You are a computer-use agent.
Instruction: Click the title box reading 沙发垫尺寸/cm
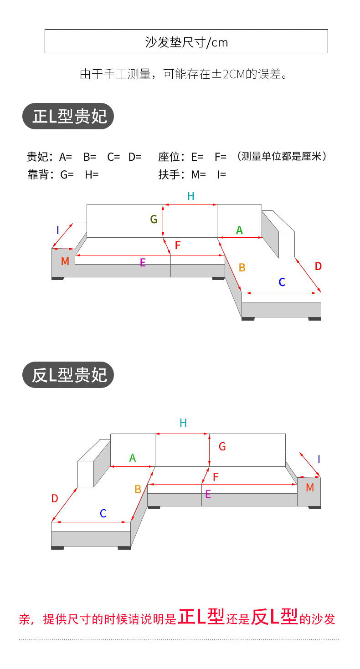(x=186, y=41)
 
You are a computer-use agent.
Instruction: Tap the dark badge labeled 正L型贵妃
(x=68, y=116)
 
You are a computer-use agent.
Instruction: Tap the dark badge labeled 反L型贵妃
(x=68, y=375)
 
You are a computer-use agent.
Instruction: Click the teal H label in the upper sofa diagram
(x=190, y=196)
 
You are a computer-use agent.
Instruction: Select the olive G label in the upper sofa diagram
(x=154, y=220)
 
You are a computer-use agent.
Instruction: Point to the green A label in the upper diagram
(x=239, y=231)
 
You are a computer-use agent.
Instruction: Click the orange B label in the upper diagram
(x=242, y=268)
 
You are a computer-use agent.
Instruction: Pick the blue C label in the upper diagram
(x=282, y=282)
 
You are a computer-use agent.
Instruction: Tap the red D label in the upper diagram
(x=318, y=266)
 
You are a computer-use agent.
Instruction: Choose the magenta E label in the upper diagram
(x=143, y=262)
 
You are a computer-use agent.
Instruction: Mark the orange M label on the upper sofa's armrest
(x=65, y=261)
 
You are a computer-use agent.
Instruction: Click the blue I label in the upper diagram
(x=57, y=230)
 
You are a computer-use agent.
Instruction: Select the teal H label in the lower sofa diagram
(x=183, y=423)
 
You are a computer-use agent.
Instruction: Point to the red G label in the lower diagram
(x=222, y=447)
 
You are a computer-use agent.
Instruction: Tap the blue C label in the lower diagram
(x=103, y=514)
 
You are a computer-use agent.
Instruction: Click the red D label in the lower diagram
(x=55, y=499)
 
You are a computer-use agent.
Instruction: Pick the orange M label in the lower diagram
(x=310, y=488)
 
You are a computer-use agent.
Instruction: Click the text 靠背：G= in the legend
(x=51, y=174)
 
